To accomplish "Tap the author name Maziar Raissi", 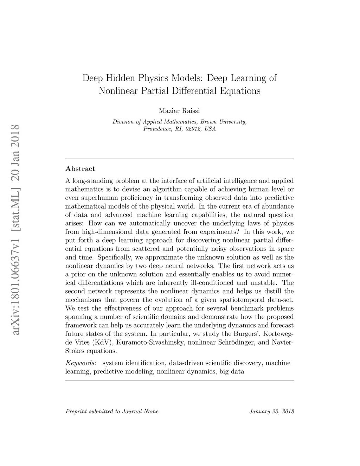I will click(179, 111).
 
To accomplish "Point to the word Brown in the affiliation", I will click(208, 122).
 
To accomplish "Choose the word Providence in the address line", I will click(156, 129).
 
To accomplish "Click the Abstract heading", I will click(81, 169).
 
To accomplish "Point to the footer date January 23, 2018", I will click(271, 411).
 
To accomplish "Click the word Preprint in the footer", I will click(75, 411).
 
